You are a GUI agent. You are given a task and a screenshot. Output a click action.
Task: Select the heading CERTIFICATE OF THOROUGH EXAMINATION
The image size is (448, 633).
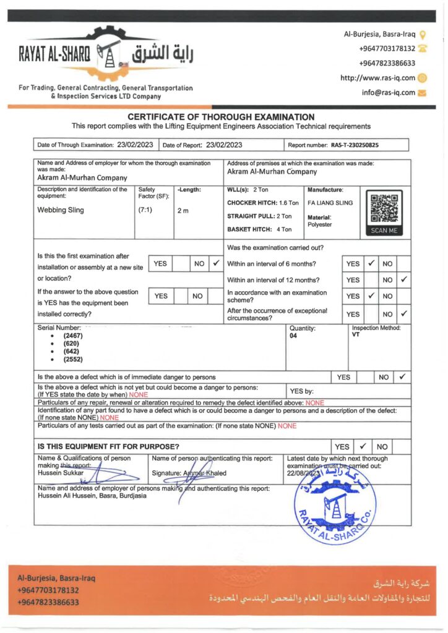click(221, 117)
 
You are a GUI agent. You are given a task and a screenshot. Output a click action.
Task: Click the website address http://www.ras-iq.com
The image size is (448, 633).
click(377, 78)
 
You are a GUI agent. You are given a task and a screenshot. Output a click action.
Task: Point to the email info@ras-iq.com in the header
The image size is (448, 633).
click(388, 93)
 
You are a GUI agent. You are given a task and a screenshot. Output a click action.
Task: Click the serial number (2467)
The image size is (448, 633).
click(72, 336)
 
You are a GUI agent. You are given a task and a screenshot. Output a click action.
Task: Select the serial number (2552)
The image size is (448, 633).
click(72, 359)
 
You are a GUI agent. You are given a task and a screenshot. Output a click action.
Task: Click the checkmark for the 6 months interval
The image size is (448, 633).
click(371, 263)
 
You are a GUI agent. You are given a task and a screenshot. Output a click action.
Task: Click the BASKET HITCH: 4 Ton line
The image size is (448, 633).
click(259, 229)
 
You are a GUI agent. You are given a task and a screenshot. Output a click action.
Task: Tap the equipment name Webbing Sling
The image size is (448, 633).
click(61, 210)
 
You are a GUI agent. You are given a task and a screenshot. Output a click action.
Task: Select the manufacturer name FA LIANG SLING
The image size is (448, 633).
click(330, 202)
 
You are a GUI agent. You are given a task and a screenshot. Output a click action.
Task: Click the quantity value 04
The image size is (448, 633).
click(293, 336)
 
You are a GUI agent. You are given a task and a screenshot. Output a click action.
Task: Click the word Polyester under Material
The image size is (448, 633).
click(319, 224)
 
